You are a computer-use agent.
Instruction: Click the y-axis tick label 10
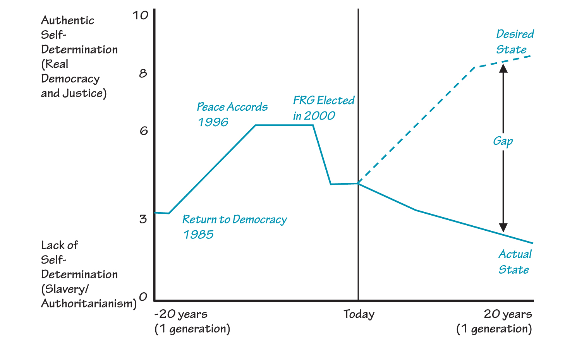pyautogui.click(x=140, y=15)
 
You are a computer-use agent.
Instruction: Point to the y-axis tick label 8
pyautogui.click(x=143, y=73)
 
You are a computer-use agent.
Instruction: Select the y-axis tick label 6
pyautogui.click(x=144, y=131)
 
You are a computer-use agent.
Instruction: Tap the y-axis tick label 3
pyautogui.click(x=143, y=219)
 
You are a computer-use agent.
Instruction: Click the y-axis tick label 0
pyautogui.click(x=143, y=297)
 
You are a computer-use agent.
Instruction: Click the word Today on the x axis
pyautogui.click(x=359, y=314)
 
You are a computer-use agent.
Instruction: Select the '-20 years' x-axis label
pyautogui.click(x=180, y=314)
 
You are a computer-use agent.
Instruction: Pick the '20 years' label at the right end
pyautogui.click(x=508, y=314)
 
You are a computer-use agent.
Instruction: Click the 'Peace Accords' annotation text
pyautogui.click(x=232, y=107)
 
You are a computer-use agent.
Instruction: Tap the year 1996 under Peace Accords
pyautogui.click(x=213, y=122)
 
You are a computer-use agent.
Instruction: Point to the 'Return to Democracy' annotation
pyautogui.click(x=234, y=219)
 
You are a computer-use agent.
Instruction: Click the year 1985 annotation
pyautogui.click(x=198, y=235)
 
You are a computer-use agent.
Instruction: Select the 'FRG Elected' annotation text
pyautogui.click(x=323, y=101)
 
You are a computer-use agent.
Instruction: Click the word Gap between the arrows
pyautogui.click(x=503, y=141)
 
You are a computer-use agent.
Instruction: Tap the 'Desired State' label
pyautogui.click(x=514, y=42)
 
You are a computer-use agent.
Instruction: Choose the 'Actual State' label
pyautogui.click(x=515, y=262)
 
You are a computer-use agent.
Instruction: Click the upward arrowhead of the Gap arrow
pyautogui.click(x=503, y=68)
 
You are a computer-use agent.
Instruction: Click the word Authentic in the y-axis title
pyautogui.click(x=67, y=21)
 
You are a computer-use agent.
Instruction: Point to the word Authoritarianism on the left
pyautogui.click(x=89, y=303)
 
